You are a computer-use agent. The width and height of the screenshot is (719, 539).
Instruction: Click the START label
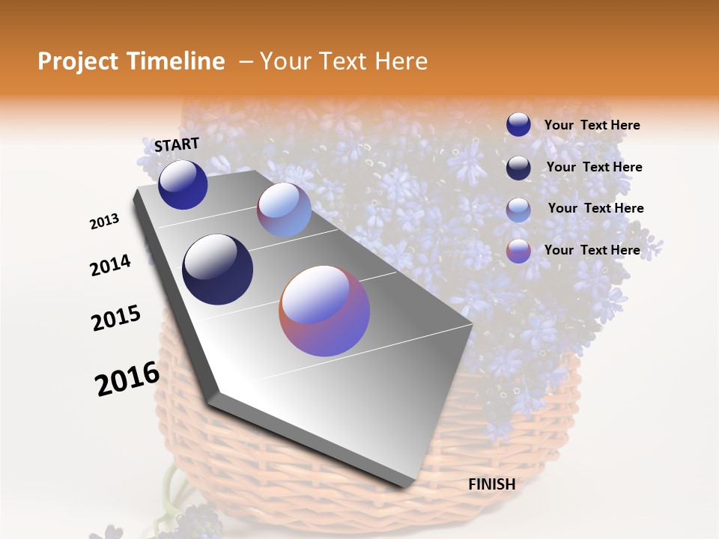177,144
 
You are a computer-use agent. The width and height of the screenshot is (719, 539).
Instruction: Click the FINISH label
491,484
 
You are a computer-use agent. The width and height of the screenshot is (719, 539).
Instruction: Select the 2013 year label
104,222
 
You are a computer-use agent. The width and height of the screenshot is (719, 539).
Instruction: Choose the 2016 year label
127,379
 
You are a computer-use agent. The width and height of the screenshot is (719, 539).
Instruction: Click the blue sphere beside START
183,185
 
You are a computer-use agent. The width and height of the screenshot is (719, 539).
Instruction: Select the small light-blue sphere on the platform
284,210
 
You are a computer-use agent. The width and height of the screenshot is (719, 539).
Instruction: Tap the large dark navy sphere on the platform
217,269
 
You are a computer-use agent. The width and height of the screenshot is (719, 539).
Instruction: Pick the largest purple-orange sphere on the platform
324,311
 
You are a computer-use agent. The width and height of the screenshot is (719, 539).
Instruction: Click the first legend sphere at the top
518,124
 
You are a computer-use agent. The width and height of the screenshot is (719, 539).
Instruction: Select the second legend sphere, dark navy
518,168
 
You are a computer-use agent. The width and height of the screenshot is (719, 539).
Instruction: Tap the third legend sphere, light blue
518,210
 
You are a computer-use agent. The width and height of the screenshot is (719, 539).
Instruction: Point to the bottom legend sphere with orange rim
518,251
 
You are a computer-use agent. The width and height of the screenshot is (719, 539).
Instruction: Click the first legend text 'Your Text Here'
592,125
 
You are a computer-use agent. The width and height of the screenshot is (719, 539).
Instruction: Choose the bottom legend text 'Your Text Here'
592,250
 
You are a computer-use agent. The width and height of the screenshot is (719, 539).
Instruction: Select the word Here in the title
401,61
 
